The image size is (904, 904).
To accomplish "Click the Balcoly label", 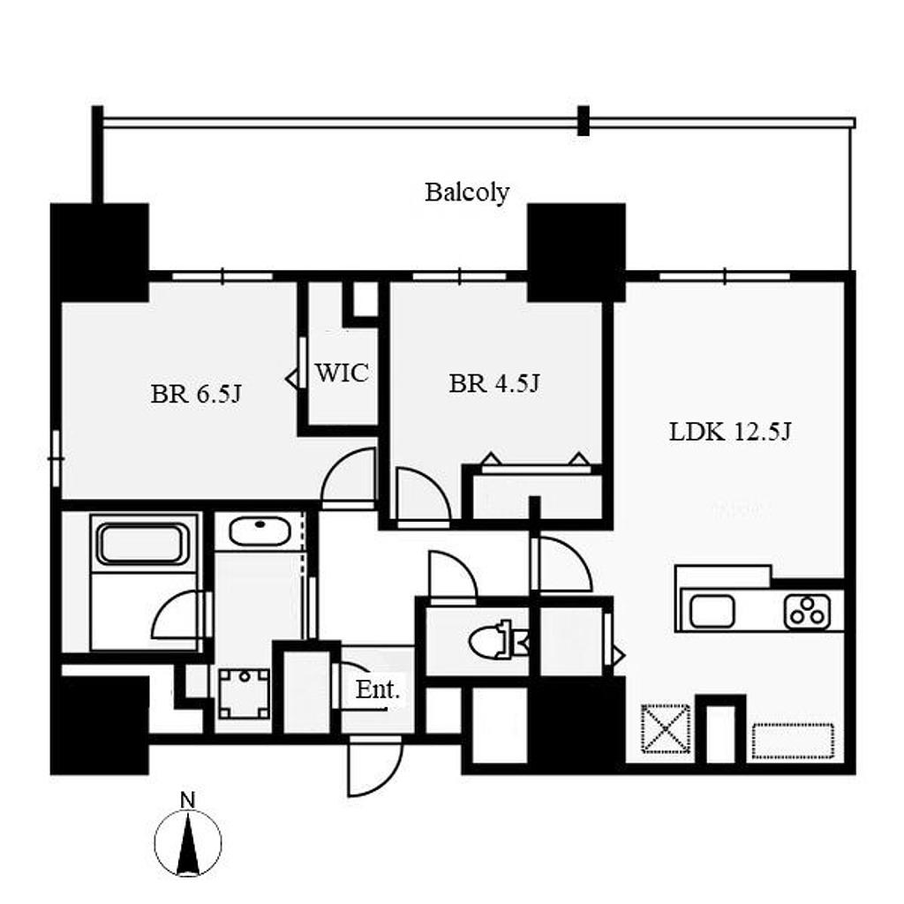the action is [x=467, y=192].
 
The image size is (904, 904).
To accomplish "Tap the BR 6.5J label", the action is [x=196, y=395].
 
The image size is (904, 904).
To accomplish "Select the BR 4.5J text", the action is [x=494, y=383].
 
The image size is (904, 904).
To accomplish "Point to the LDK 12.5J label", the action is [x=730, y=431].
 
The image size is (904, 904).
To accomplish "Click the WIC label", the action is [x=342, y=373].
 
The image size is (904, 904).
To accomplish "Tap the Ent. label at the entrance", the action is [x=377, y=689].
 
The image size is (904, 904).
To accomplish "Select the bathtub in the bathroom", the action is [x=142, y=543].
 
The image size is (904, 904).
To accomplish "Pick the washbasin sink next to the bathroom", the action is [x=260, y=531].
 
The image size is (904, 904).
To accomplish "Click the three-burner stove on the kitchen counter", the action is [x=807, y=611].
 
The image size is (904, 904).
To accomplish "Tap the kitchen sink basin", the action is [x=712, y=611].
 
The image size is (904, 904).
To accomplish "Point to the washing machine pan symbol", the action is [x=245, y=694].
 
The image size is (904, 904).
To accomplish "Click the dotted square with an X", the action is [x=666, y=728].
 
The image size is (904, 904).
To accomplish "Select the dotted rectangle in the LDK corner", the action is [x=794, y=742].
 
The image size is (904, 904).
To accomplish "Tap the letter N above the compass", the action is [x=188, y=800].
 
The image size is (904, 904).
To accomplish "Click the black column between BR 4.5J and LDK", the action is [x=576, y=252].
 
